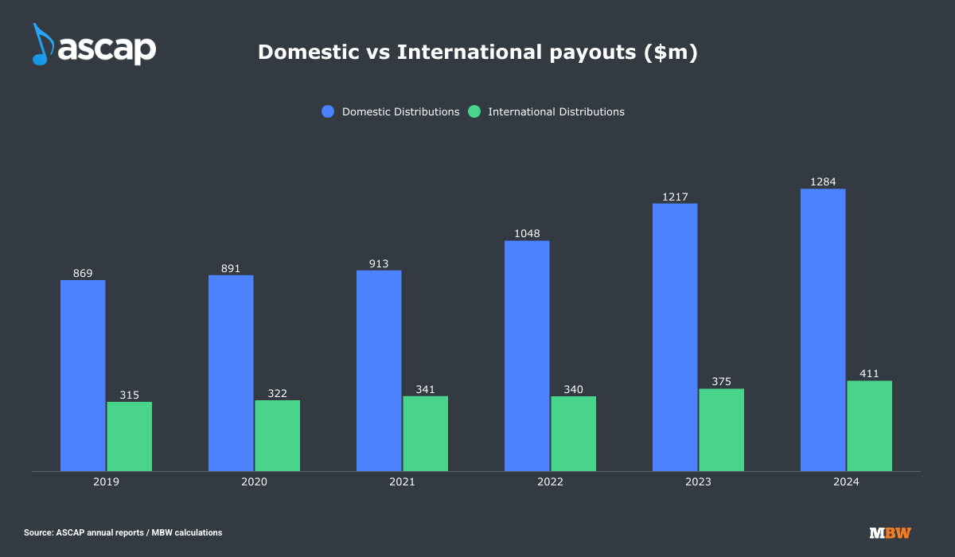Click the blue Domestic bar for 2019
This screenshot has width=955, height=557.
click(83, 375)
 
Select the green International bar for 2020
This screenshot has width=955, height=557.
click(277, 435)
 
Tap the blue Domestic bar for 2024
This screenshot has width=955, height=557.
click(823, 329)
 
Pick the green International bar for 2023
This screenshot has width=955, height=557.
click(721, 430)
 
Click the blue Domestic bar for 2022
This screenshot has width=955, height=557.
click(527, 356)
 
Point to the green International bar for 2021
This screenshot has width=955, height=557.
click(425, 434)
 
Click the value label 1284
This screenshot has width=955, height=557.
click(823, 182)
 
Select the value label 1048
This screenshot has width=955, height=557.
click(527, 234)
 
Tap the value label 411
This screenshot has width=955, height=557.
click(869, 374)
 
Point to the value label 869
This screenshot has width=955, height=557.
click(83, 273)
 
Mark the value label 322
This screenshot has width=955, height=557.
click(277, 393)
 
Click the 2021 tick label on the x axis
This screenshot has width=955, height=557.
click(402, 482)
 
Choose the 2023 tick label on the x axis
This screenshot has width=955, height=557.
click(698, 482)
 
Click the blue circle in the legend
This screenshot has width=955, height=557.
click(329, 112)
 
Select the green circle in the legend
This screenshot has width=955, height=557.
click(474, 112)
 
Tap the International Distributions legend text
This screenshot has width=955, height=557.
click(556, 112)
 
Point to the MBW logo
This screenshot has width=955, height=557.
click(890, 533)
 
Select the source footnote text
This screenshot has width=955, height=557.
click(123, 532)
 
